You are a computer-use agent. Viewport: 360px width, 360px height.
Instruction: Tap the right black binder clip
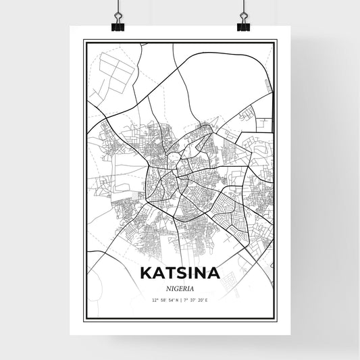(243, 25)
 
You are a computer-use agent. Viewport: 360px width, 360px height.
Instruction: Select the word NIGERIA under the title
(180, 287)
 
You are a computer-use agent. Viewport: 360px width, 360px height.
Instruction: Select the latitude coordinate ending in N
(161, 300)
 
